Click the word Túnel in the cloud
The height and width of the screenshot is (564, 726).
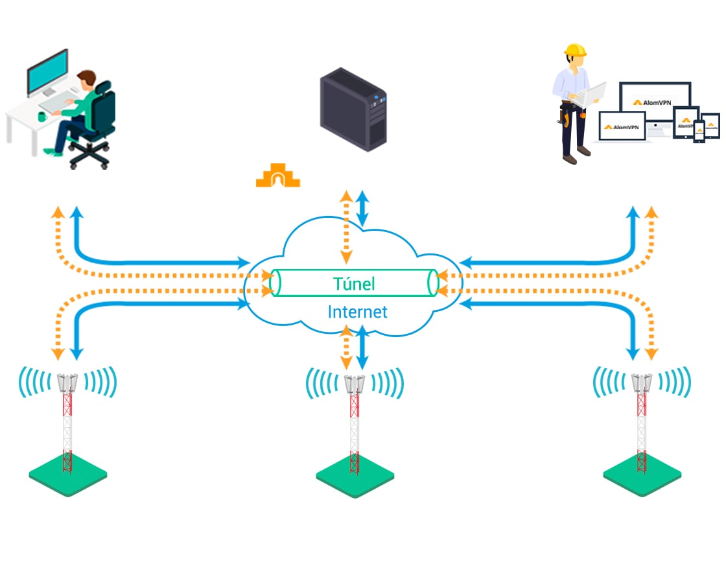[354, 283]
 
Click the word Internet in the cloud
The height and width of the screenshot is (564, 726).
[357, 312]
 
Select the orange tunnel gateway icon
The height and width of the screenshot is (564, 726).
[278, 176]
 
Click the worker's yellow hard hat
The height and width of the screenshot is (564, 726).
[575, 50]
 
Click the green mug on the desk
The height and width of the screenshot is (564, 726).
[42, 117]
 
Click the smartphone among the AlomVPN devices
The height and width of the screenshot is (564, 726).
[699, 131]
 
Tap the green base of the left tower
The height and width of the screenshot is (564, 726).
[67, 476]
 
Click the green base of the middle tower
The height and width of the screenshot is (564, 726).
[355, 477]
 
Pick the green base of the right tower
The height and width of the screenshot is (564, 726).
[642, 476]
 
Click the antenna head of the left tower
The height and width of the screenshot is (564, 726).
[67, 382]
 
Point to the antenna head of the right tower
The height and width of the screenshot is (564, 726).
[642, 382]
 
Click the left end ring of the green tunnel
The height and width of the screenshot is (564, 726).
[275, 283]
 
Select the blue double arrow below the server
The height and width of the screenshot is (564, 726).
[362, 208]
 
